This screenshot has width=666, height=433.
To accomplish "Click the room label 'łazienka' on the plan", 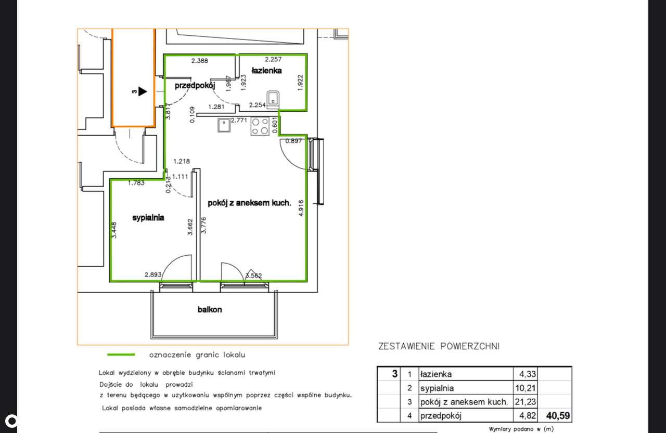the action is click(x=266, y=70).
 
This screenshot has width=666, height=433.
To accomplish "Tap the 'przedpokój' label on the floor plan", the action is click(x=195, y=86).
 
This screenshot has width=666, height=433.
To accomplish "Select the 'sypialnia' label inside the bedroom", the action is click(x=148, y=218).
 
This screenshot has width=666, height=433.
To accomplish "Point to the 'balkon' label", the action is click(x=210, y=309).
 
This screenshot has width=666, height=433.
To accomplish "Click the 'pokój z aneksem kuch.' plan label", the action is click(x=249, y=203).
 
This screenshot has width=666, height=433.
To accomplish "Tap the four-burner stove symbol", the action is click(x=260, y=126).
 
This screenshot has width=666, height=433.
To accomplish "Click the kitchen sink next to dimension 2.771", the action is click(x=224, y=125).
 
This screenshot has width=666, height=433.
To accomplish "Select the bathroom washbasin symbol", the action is click(x=273, y=98).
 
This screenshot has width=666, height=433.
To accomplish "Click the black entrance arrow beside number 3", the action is click(x=142, y=91).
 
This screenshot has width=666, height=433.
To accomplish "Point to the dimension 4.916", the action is click(x=301, y=208).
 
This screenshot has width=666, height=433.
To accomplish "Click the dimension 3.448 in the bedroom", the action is click(x=114, y=230).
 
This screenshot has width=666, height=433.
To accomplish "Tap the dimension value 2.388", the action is click(x=200, y=61).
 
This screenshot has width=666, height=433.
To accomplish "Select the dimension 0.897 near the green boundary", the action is click(x=293, y=140).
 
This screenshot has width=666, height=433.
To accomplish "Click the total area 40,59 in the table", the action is click(x=558, y=415).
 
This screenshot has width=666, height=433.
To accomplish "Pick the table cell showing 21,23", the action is click(x=526, y=402).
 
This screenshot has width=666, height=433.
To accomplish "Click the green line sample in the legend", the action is click(x=121, y=355).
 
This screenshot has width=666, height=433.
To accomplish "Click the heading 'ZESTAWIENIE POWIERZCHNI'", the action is click(x=439, y=346).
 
